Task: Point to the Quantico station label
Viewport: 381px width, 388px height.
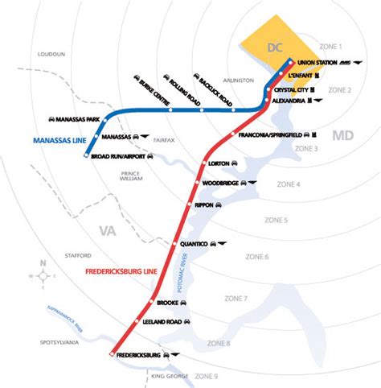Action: tap(197, 243)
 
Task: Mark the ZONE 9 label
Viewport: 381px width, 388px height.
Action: tap(207, 376)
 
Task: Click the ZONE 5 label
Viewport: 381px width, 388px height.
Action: tap(276, 220)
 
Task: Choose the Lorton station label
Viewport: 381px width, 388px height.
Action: tap(219, 163)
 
